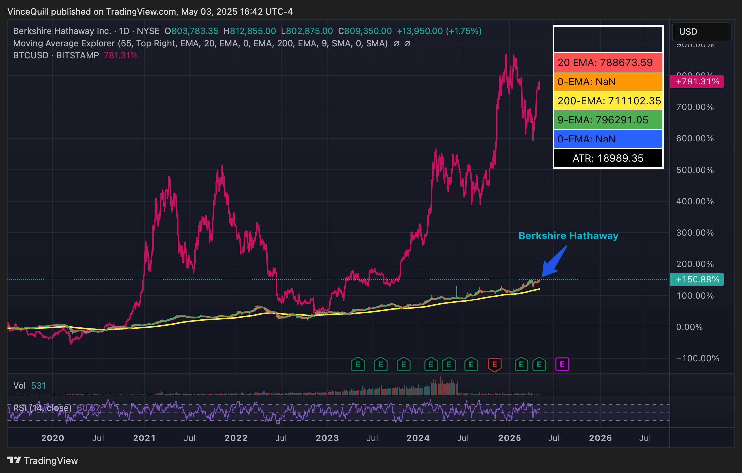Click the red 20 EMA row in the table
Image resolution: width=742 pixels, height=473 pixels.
(608, 62)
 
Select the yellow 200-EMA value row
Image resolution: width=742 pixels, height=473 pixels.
(608, 101)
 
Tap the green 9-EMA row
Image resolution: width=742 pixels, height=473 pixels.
(608, 120)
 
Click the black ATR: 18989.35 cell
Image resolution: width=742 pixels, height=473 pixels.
(608, 158)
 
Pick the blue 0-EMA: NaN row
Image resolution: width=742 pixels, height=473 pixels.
(608, 139)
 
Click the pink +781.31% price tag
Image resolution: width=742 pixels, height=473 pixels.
(697, 81)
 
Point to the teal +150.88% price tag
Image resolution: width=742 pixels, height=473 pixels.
(697, 279)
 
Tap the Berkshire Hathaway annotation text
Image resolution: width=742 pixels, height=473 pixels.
(568, 236)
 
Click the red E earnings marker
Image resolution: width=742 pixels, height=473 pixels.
(494, 364)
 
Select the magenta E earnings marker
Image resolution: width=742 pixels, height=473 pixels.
(562, 364)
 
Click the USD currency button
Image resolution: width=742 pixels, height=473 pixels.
(701, 32)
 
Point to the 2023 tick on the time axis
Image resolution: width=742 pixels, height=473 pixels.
(327, 438)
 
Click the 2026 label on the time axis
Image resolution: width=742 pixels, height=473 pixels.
(600, 438)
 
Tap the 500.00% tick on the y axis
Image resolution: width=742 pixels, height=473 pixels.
(695, 170)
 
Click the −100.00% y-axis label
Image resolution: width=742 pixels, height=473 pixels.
(697, 358)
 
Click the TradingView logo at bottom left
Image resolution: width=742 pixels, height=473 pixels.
(43, 460)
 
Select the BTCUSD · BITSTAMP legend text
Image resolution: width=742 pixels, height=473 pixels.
(56, 55)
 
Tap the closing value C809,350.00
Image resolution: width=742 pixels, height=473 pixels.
(365, 31)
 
